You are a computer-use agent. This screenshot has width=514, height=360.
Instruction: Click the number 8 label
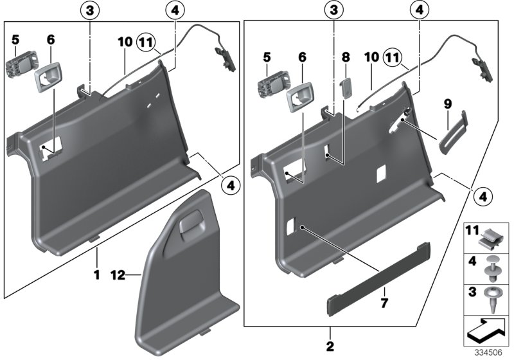[346, 58]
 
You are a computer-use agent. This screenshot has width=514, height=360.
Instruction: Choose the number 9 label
[447, 102]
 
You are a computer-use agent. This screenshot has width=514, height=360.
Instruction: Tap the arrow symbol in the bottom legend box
[486, 330]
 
